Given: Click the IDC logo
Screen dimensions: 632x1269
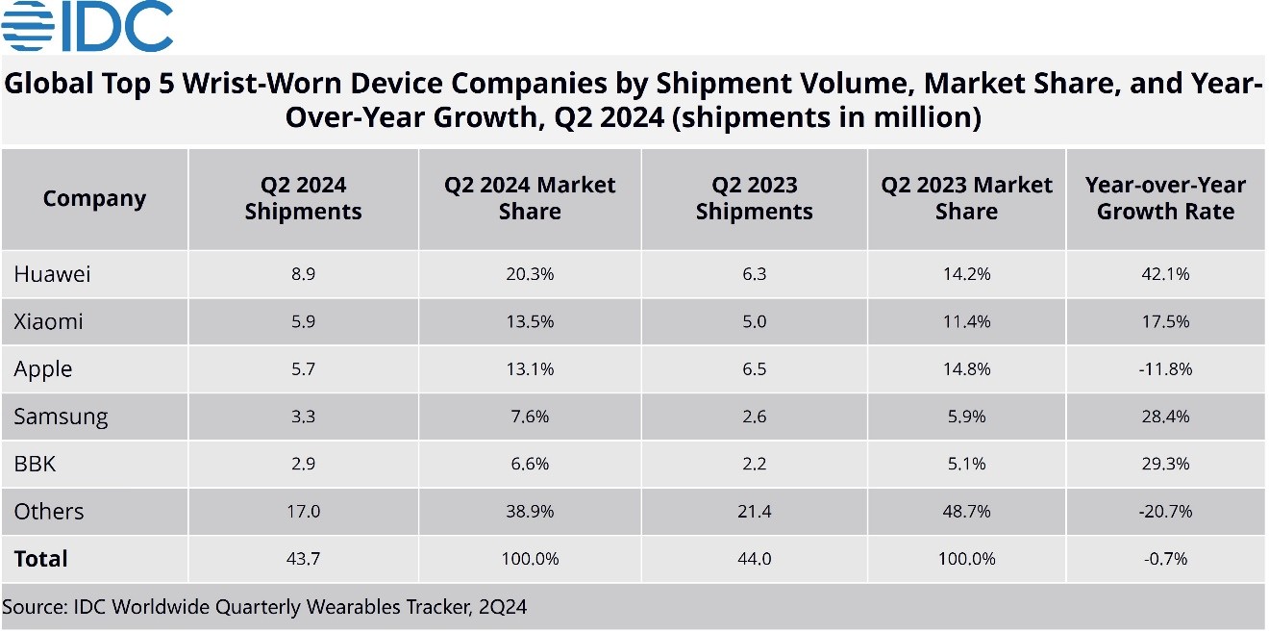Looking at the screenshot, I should [87, 26].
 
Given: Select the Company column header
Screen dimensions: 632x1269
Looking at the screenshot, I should [94, 199].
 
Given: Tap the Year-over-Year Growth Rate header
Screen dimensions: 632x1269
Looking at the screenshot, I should [1165, 198].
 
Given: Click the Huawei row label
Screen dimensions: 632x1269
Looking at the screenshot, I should [52, 274].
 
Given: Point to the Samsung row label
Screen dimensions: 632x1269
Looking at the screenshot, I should [61, 417].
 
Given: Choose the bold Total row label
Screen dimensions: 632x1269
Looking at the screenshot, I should [41, 559].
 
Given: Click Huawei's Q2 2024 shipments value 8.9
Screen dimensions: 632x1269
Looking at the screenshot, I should [303, 274].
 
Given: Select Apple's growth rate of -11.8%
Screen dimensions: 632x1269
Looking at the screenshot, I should [1165, 369].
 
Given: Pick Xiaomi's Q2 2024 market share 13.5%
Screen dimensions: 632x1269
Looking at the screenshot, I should [530, 321].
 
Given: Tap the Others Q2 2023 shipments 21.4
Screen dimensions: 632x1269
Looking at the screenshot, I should [754, 512].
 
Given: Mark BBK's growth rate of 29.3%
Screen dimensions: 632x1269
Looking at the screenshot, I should [1165, 464].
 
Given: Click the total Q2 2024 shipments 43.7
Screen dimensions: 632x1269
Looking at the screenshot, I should [303, 559].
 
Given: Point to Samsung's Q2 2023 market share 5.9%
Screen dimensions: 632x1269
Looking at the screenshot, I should [966, 417].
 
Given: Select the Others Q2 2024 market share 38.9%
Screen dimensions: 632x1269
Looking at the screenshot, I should [530, 512].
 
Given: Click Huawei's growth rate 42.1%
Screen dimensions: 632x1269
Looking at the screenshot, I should [1165, 274].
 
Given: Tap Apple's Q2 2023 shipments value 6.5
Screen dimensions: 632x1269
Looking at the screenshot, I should [754, 369].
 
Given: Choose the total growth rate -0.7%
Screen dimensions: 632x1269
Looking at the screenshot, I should [1165, 559].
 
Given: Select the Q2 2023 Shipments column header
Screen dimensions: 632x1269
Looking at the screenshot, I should [754, 198].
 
